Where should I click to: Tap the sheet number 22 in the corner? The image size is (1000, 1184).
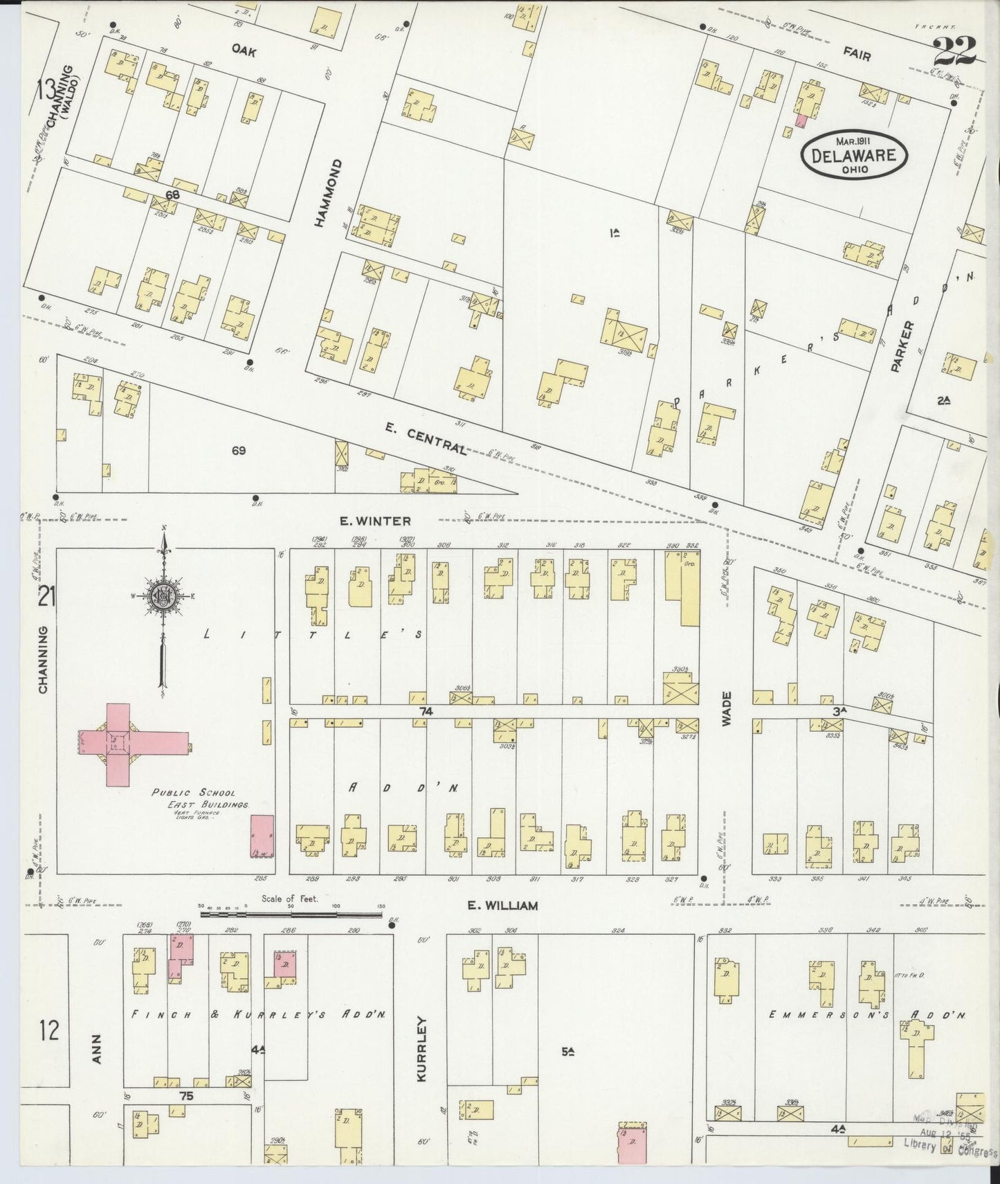[954, 51]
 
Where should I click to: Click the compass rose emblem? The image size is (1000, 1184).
[163, 595]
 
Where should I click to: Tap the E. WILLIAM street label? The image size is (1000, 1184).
[502, 905]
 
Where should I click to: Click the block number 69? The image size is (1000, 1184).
[239, 451]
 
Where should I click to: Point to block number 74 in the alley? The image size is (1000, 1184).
[424, 711]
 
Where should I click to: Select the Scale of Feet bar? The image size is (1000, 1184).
[291, 914]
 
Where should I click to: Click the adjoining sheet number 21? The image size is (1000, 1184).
[46, 596]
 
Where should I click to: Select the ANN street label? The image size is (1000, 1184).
[97, 1049]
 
